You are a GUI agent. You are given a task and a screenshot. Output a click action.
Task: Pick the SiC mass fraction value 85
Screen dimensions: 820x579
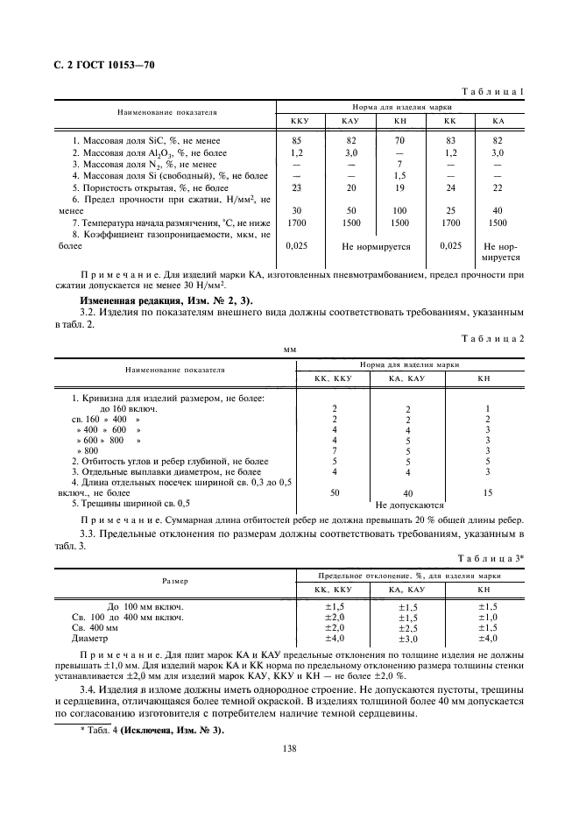click(296, 140)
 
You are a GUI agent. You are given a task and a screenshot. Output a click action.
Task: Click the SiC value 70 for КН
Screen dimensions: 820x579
click(399, 140)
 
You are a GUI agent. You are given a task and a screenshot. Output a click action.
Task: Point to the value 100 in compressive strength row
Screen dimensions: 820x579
click(399, 211)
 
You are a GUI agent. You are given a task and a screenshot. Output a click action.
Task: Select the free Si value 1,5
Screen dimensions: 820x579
click(399, 176)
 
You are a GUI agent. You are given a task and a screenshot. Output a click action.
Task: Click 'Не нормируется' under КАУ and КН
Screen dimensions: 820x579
click(376, 247)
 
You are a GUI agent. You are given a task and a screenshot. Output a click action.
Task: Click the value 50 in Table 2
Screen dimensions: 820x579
click(335, 493)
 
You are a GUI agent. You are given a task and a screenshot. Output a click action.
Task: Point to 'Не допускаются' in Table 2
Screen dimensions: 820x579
click(409, 505)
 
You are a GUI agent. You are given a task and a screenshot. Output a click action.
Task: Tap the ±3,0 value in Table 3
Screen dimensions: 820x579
click(408, 640)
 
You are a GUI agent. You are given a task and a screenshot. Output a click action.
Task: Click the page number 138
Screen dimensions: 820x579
click(289, 748)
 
